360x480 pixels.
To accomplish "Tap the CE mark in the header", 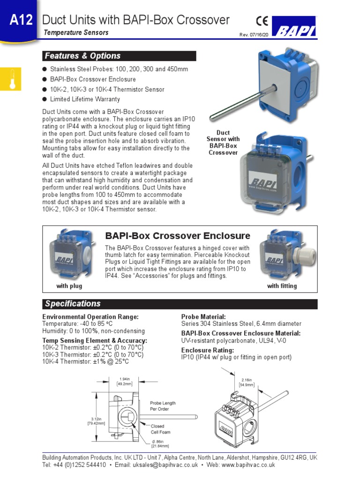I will click(262, 21).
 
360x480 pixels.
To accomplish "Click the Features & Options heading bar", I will click(119, 56).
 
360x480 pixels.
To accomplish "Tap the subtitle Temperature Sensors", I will click(76, 32).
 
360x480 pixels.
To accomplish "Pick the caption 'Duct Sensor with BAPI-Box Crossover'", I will click(223, 142).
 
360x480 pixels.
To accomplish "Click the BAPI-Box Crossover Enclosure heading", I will click(178, 236).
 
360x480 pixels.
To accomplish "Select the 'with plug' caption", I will click(69, 286).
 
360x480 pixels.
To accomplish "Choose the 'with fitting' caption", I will click(282, 286).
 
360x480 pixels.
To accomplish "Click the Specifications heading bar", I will click(180, 304).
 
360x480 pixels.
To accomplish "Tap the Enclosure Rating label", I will click(207, 350).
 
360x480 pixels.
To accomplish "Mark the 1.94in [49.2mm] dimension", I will click(125, 381).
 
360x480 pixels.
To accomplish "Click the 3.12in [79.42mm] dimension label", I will click(96, 421).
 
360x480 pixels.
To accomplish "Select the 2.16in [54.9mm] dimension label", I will click(247, 382).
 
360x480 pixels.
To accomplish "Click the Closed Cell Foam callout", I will click(160, 429).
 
